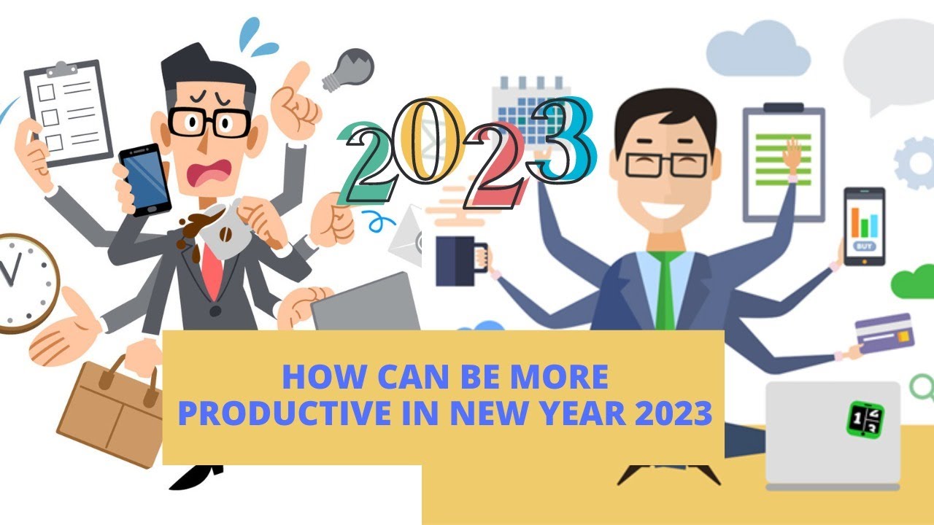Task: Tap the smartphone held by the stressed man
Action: (x=144, y=179)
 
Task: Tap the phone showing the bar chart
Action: (x=865, y=226)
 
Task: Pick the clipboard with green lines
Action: (x=783, y=163)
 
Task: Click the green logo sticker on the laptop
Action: (x=865, y=419)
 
